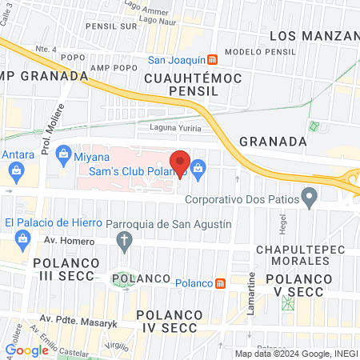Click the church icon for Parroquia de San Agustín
pos(124,239)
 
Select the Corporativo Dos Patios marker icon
pos(308,198)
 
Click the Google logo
pos(26,350)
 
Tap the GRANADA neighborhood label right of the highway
pos(273,141)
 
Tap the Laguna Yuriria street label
pos(178,127)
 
